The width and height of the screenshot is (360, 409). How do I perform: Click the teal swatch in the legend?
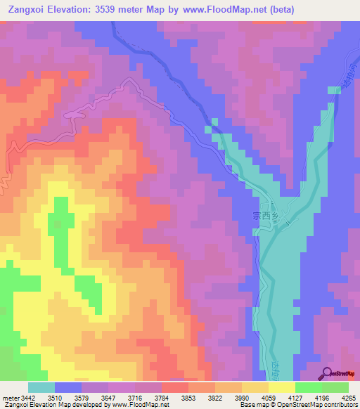41,387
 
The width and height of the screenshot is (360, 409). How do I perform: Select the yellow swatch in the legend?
282,387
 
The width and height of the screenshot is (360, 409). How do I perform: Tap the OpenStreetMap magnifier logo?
326,374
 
